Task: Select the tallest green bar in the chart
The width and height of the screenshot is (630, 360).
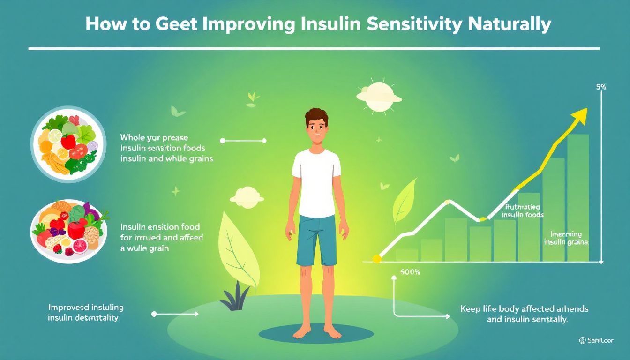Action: (577, 197)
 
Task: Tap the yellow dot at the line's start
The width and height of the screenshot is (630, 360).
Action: (376, 258)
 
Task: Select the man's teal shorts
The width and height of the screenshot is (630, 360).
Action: (317, 239)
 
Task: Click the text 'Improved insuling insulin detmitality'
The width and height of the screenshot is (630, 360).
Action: (86, 313)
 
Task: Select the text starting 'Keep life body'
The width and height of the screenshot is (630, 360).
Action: (524, 314)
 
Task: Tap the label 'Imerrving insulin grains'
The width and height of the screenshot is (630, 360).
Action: (566, 238)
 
